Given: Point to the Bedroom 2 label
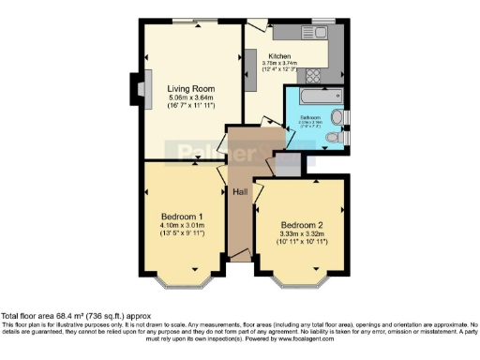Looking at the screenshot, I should coord(303,225).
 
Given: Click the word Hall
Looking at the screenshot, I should coord(240,192).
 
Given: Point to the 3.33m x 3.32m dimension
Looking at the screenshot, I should coord(303,234).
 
